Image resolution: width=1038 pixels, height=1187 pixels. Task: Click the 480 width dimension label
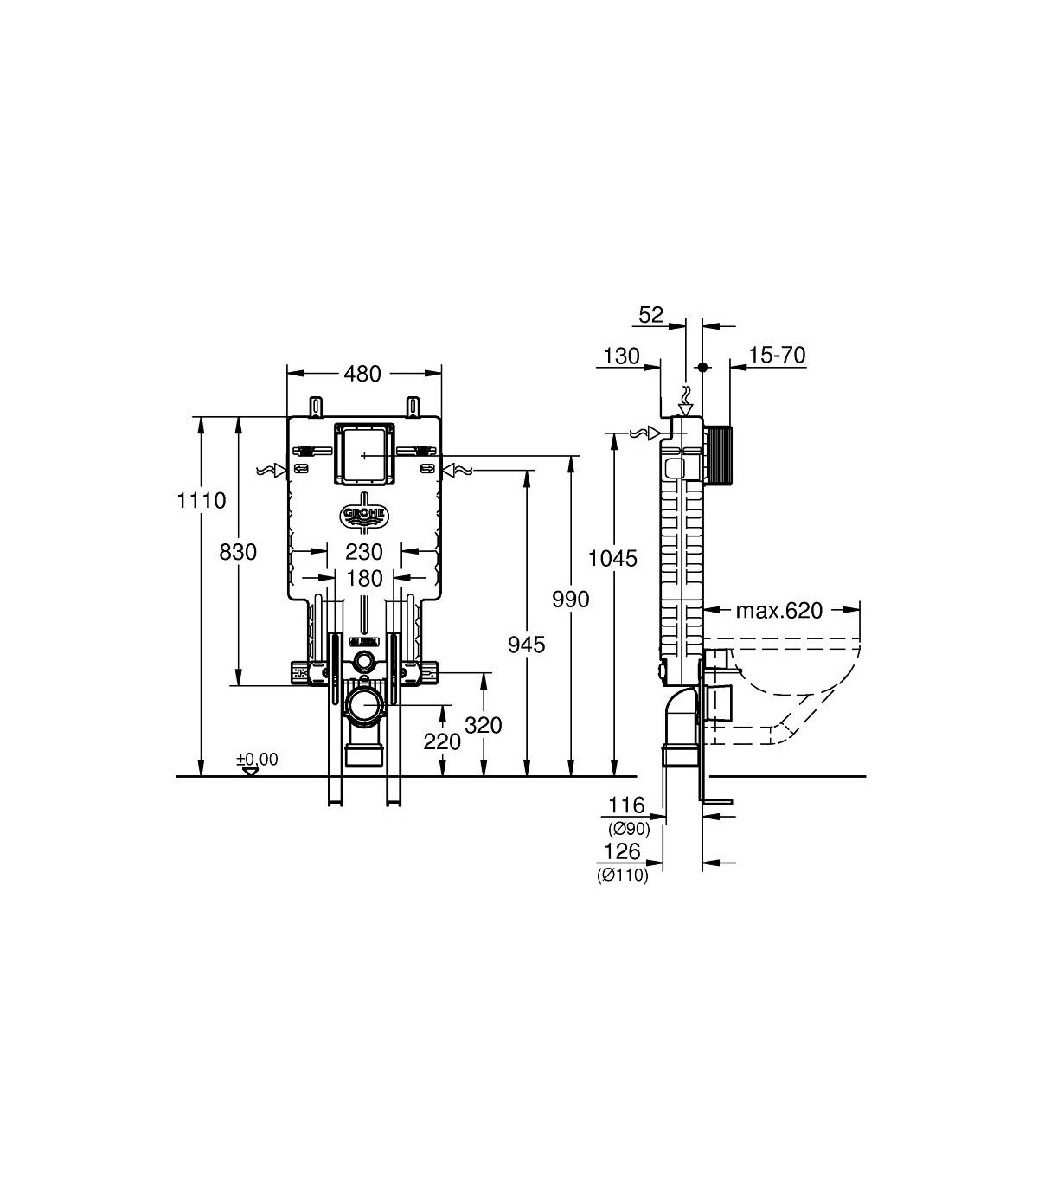click(x=362, y=375)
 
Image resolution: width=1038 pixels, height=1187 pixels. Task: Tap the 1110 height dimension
click(x=202, y=500)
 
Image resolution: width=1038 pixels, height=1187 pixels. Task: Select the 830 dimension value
click(x=238, y=552)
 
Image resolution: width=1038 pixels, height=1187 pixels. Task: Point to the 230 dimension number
click(x=364, y=552)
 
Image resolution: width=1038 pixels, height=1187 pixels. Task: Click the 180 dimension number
click(x=364, y=579)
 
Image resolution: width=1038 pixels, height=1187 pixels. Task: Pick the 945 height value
click(x=527, y=645)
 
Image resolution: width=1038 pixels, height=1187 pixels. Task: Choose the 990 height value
click(x=571, y=600)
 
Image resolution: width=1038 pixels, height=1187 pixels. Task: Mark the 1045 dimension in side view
click(x=613, y=559)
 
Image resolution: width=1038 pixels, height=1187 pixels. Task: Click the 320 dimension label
click(x=483, y=725)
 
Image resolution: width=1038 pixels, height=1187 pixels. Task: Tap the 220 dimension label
click(x=442, y=741)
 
